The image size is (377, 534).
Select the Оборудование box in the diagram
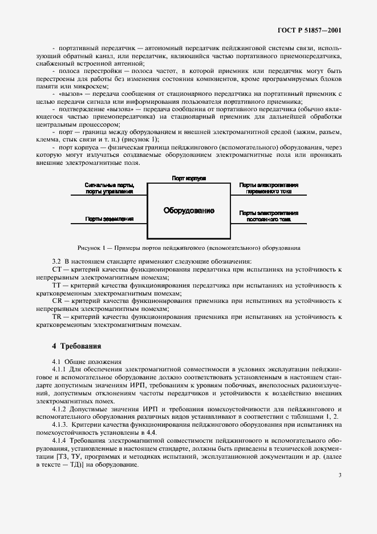point(189,211)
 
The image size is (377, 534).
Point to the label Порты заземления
point(110,219)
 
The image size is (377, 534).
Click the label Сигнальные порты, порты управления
point(110,188)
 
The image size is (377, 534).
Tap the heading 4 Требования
point(76,346)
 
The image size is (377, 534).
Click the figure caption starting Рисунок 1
point(188,248)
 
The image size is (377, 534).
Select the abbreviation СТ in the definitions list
point(56,268)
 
